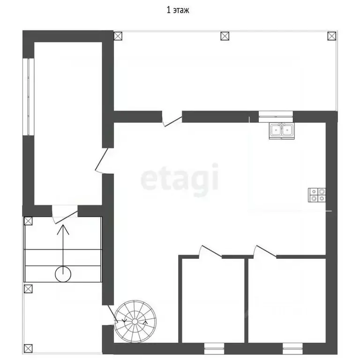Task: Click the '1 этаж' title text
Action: (178, 10)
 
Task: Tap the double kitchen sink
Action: (282, 131)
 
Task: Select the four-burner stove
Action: (317, 195)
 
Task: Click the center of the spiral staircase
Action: (135, 321)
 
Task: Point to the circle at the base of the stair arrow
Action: (63, 274)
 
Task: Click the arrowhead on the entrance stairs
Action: (63, 229)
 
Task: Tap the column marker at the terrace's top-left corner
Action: (118, 36)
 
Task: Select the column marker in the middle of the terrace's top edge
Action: (225, 36)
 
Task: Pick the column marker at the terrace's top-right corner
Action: (331, 36)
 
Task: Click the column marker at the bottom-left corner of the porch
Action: (28, 349)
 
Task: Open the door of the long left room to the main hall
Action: (102, 161)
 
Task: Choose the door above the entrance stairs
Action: (65, 214)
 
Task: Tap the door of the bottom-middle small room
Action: (210, 252)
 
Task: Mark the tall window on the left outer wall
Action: (29, 97)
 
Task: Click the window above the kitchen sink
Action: (276, 117)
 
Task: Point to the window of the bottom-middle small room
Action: (214, 349)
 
